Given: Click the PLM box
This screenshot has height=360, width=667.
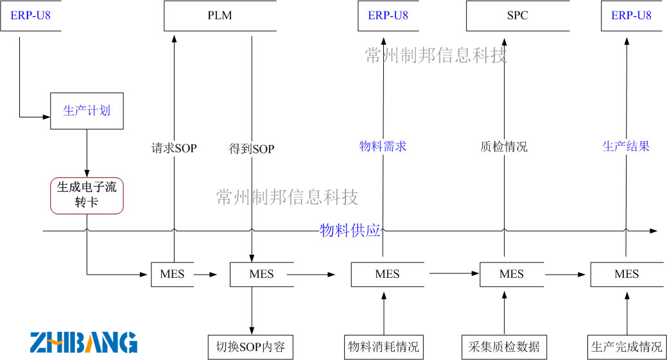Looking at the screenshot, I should point(220,16).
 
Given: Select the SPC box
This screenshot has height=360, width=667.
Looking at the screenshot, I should point(517,16).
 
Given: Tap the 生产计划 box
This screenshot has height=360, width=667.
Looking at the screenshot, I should point(87,110).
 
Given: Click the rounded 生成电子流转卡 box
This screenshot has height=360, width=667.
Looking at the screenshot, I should point(87,195).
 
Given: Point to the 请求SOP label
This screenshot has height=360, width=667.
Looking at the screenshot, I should point(174,148).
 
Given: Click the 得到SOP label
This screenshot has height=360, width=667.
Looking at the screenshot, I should point(252,149).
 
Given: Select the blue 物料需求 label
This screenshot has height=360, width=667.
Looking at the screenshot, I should point(383,146).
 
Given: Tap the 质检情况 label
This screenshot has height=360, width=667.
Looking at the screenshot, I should point(504,146).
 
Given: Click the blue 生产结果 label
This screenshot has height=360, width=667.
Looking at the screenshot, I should point(626,146).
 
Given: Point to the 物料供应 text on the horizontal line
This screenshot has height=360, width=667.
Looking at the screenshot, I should point(350,231).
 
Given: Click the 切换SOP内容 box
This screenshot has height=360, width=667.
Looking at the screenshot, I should point(251,347).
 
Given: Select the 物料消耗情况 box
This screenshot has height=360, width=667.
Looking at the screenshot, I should point(383,347).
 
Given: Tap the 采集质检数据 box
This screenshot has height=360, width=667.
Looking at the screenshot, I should point(504,347).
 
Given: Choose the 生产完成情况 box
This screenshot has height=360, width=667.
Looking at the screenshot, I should point(626,347).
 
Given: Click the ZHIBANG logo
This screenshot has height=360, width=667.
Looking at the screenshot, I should point(83,342).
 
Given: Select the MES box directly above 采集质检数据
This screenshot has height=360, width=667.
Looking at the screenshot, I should point(511,274).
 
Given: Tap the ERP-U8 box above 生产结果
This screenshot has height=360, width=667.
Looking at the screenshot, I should point(631,16).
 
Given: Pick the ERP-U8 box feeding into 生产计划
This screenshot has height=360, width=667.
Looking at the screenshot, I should point(30,16).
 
